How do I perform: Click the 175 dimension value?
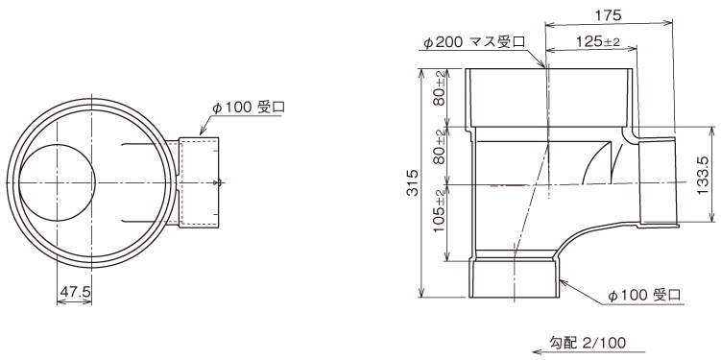608,14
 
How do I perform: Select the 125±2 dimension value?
598,42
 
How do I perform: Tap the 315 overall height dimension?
413,183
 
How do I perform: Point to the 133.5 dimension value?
704,175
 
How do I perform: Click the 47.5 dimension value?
74,293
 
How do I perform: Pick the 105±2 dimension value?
440,210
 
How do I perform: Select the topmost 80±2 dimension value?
440,88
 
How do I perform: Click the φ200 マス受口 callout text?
474,43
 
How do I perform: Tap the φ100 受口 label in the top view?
249,108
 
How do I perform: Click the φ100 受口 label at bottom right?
644,295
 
